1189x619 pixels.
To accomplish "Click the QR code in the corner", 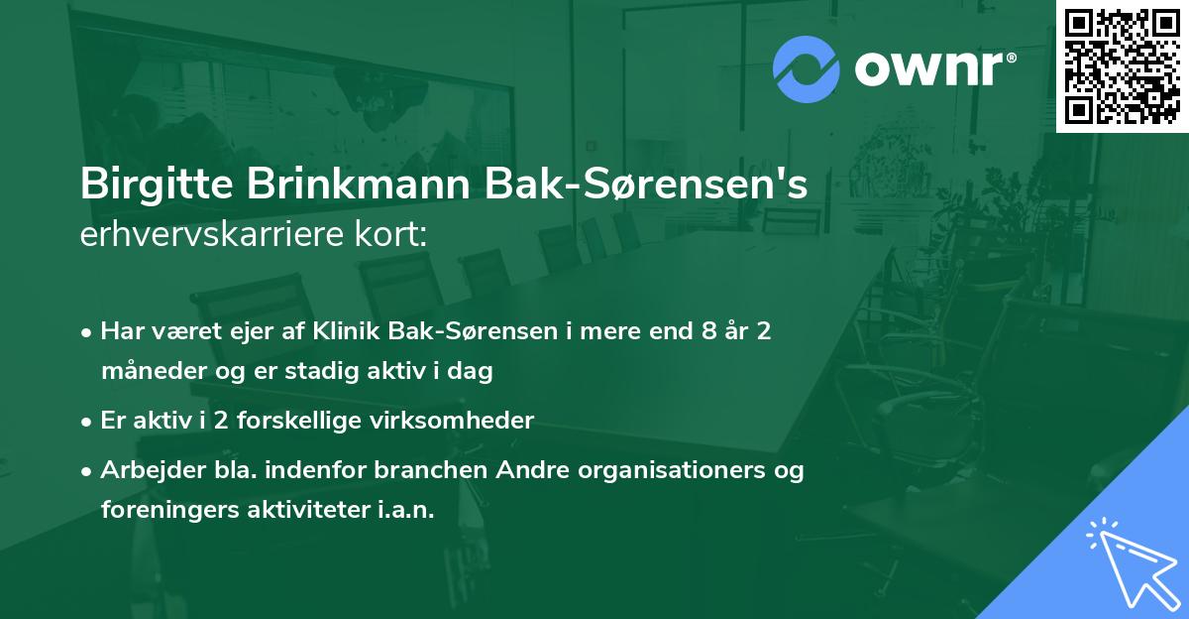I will pos(1123,65).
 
